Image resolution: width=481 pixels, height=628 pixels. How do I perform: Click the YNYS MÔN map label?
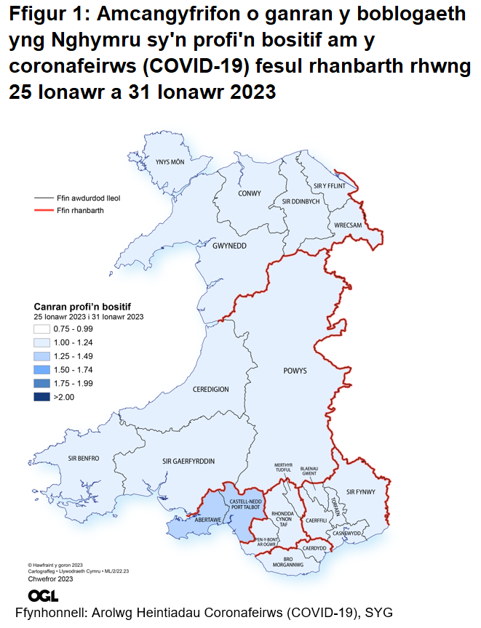coord(166,162)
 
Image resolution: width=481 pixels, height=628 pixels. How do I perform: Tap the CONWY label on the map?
coord(250,193)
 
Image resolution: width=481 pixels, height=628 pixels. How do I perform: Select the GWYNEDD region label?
coord(229,246)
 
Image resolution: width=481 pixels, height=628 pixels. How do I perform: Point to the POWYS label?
coord(295,371)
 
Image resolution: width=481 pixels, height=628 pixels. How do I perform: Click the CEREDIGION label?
coord(211,390)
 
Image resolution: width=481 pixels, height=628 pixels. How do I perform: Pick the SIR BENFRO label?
coord(83,458)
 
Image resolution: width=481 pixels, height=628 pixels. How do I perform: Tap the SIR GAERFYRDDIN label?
coord(188,461)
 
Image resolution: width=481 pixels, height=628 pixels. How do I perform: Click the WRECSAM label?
coord(348,225)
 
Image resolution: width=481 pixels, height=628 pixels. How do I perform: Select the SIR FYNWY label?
coord(360,491)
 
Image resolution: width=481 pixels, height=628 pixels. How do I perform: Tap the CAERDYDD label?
coord(314,547)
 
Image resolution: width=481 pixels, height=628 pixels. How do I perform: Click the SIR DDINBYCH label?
coord(301,201)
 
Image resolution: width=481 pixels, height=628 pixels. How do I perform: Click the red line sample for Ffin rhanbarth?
coord(44,210)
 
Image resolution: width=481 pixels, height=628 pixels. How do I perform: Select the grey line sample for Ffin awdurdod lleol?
coord(44,198)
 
